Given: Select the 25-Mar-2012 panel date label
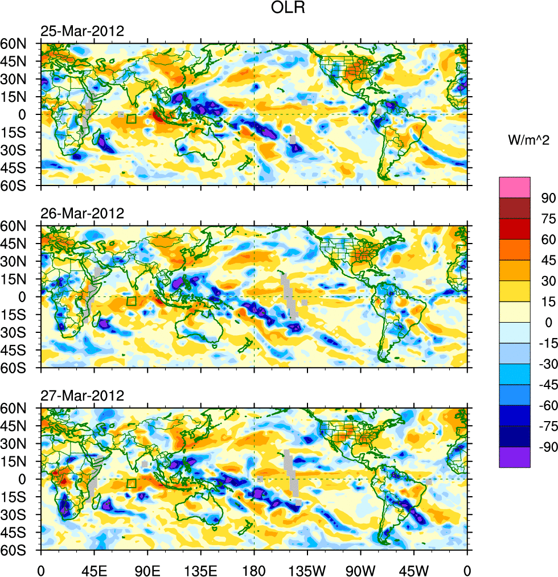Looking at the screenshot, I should pyautogui.click(x=82, y=31).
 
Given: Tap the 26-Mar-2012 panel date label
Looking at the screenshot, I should pyautogui.click(x=82, y=214).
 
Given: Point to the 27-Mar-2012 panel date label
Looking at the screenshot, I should pyautogui.click(x=82, y=396).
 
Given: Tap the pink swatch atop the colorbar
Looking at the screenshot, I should pyautogui.click(x=515, y=187).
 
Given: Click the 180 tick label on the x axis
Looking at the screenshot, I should pyautogui.click(x=254, y=569).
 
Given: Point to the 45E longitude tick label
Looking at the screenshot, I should pyautogui.click(x=94, y=569).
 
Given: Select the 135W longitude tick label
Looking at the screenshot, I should pyautogui.click(x=307, y=569).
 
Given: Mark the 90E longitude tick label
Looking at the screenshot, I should pyautogui.click(x=147, y=569).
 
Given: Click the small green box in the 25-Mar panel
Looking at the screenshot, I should pyautogui.click(x=132, y=119).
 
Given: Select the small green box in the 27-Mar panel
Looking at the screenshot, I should pyautogui.click(x=132, y=484).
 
